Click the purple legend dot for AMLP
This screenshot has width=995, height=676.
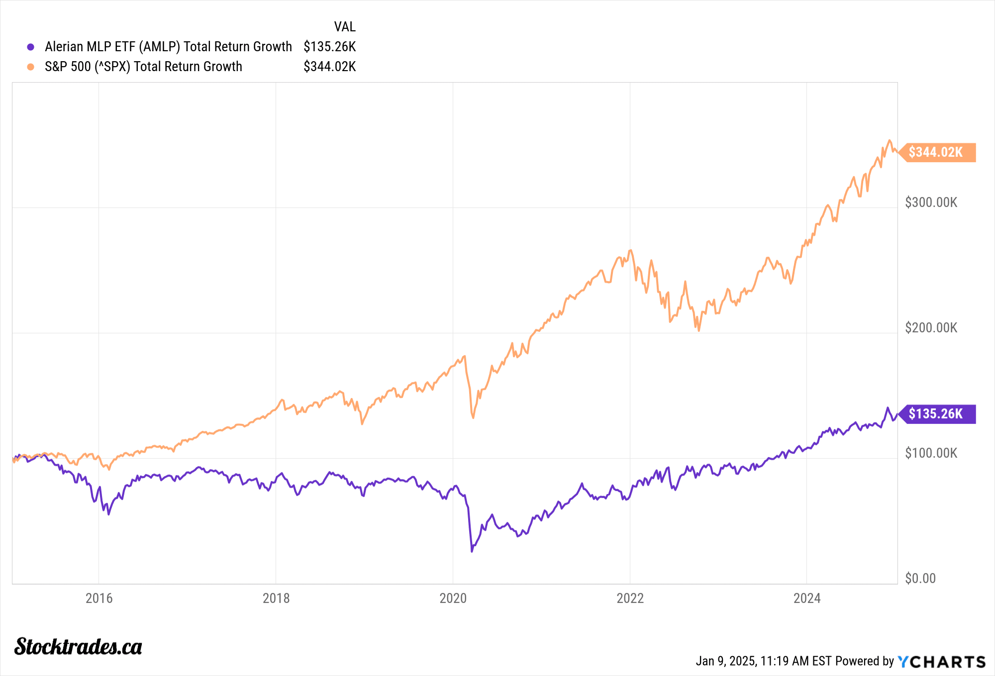tap(31, 47)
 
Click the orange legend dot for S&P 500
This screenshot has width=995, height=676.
tap(31, 67)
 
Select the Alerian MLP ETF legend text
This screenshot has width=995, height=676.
tap(168, 47)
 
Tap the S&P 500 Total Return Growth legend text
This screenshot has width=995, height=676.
tap(143, 67)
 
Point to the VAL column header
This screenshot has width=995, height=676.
tap(345, 27)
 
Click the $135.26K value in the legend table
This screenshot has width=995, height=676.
tap(329, 47)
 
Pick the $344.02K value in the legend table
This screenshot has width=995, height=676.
tap(329, 67)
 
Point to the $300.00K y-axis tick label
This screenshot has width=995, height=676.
tap(931, 202)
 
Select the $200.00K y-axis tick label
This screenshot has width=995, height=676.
tap(931, 328)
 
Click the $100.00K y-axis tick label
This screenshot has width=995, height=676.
tap(931, 453)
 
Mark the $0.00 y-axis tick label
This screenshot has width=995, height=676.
tap(920, 579)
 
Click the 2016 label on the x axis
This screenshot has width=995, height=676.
tap(99, 598)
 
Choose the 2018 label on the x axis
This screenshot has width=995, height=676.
tap(276, 598)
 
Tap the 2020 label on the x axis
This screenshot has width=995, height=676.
tap(453, 598)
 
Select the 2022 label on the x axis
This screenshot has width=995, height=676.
tap(630, 598)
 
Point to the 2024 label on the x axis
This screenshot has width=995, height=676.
tap(807, 598)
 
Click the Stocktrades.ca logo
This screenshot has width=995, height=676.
tap(78, 647)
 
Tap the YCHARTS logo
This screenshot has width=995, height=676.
tap(941, 662)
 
